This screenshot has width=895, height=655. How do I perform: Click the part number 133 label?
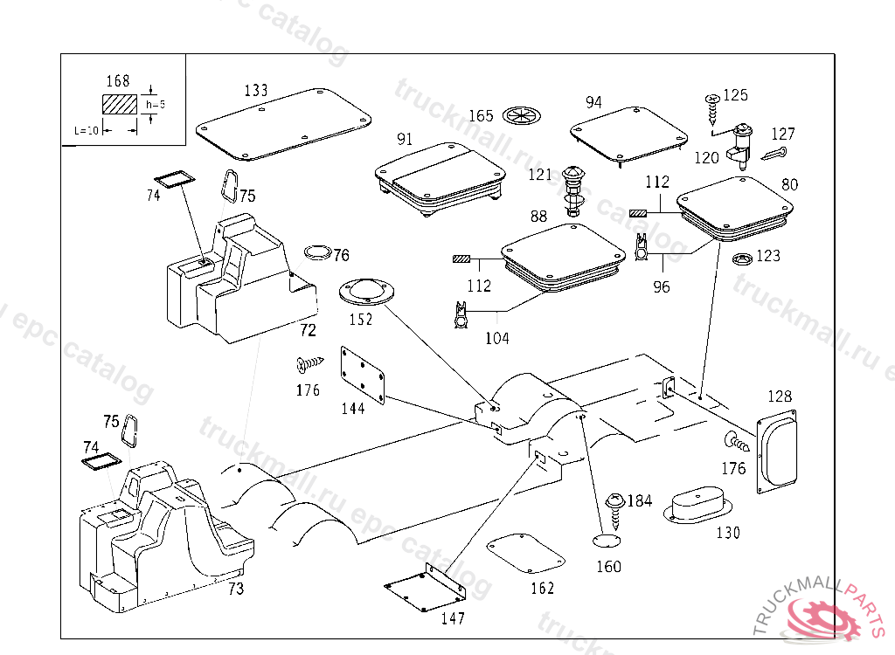(x=256, y=90)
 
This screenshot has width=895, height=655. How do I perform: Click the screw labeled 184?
(x=617, y=508)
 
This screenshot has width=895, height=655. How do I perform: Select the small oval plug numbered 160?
(x=603, y=541)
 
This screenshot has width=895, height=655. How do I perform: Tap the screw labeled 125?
(x=711, y=108)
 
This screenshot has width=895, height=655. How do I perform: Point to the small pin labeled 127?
(x=770, y=155)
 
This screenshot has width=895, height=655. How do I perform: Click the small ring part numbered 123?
(x=742, y=259)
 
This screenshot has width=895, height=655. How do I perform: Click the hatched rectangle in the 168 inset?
(x=120, y=105)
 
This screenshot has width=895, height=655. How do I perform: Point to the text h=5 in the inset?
(x=156, y=104)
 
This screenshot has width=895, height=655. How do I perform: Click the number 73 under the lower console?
(x=235, y=589)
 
